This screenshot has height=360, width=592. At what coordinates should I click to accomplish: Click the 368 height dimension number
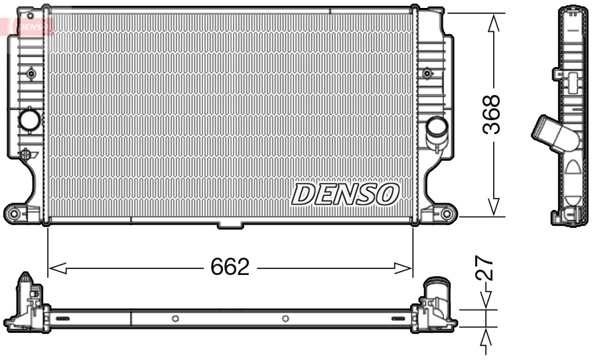pyautogui.click(x=491, y=115)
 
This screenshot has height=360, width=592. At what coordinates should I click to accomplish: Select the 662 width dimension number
pyautogui.click(x=230, y=267)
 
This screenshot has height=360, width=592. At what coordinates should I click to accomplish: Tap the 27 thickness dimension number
pyautogui.click(x=486, y=268)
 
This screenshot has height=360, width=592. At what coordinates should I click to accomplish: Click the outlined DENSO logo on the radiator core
pyautogui.click(x=345, y=193)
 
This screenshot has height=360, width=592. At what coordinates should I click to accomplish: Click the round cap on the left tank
pyautogui.click(x=30, y=120)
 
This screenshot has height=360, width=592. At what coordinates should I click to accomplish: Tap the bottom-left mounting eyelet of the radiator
pyautogui.click(x=13, y=213)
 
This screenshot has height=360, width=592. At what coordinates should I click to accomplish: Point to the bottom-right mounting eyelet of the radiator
pyautogui.click(x=447, y=214)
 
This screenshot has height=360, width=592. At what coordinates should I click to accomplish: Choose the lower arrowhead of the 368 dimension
pyautogui.click(x=492, y=207)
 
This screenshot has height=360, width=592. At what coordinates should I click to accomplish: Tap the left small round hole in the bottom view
pyautogui.click(x=175, y=319)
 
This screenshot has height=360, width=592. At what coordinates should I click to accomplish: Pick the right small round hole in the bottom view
pyautogui.click(x=285, y=319)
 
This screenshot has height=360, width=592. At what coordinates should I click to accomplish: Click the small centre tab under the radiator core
pyautogui.click(x=230, y=226)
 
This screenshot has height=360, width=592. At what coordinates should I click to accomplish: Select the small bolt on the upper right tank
pyautogui.click(x=427, y=73)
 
